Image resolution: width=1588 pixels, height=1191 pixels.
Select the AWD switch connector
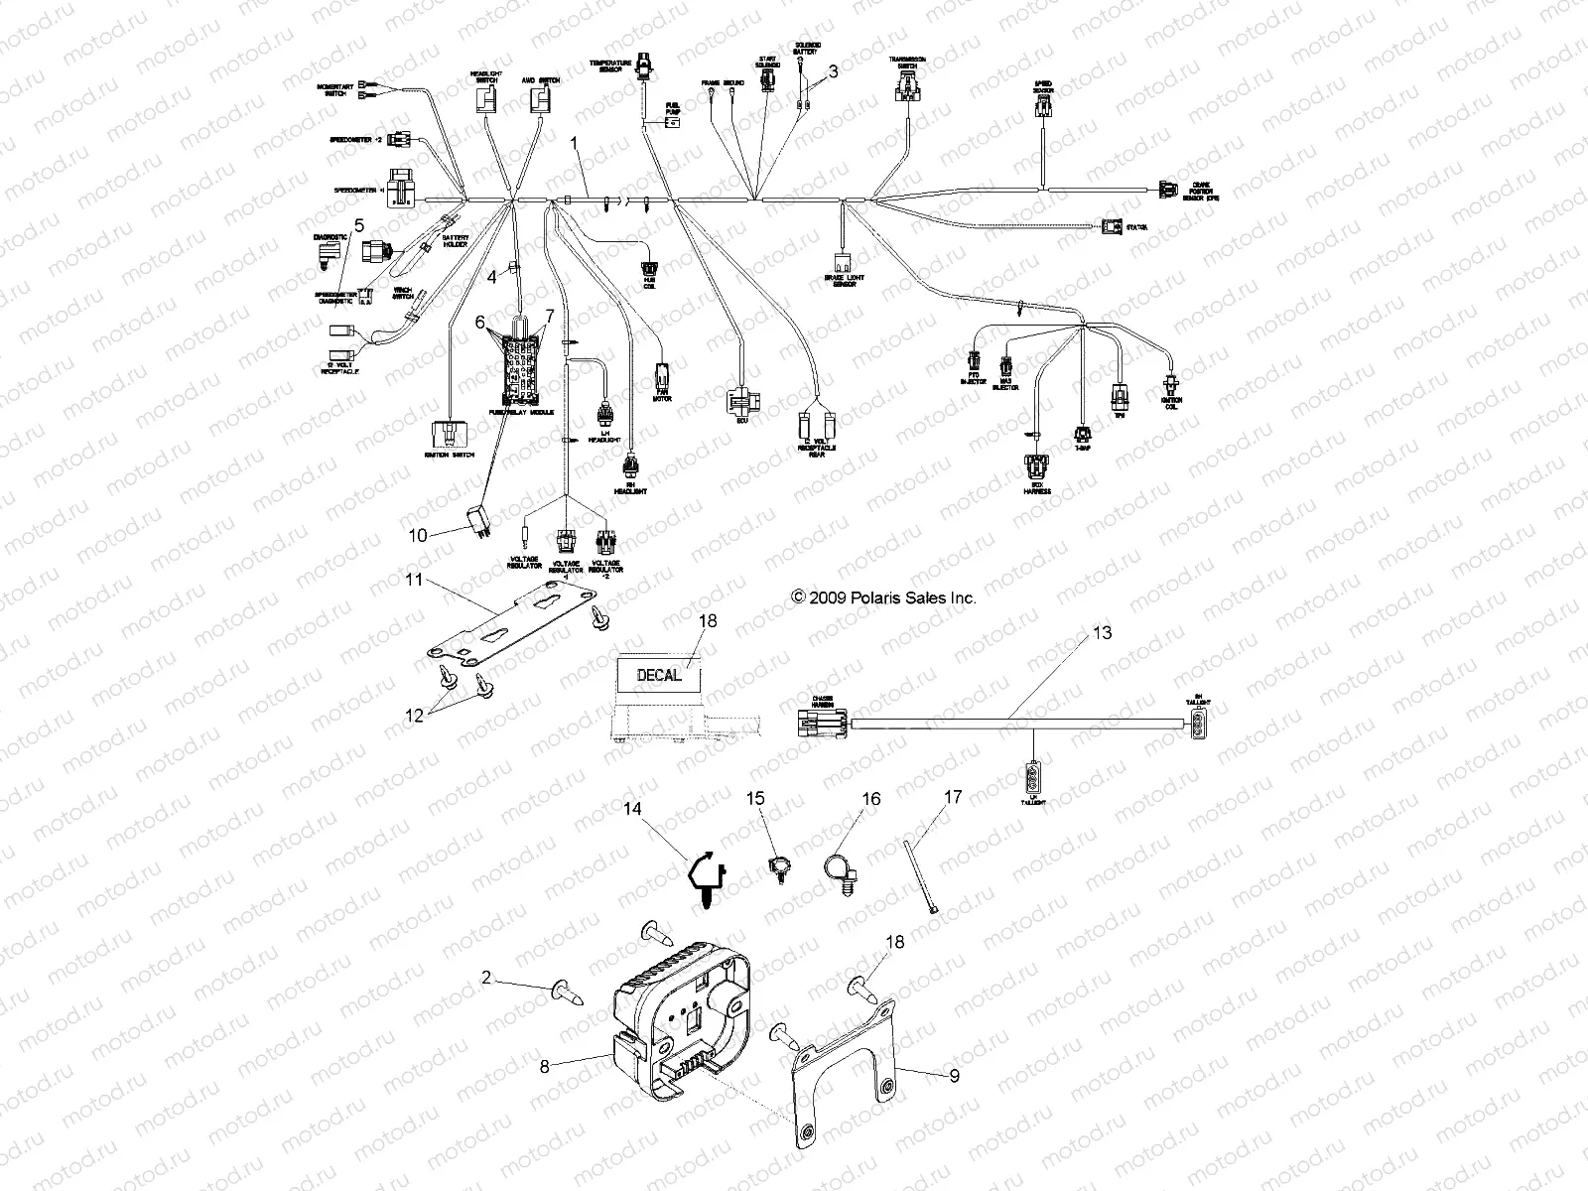click(x=542, y=99)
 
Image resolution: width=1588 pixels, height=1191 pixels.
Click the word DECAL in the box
click(x=659, y=675)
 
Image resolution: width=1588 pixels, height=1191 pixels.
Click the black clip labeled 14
click(x=707, y=876)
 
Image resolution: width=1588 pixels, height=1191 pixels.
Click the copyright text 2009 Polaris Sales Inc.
click(x=882, y=597)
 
